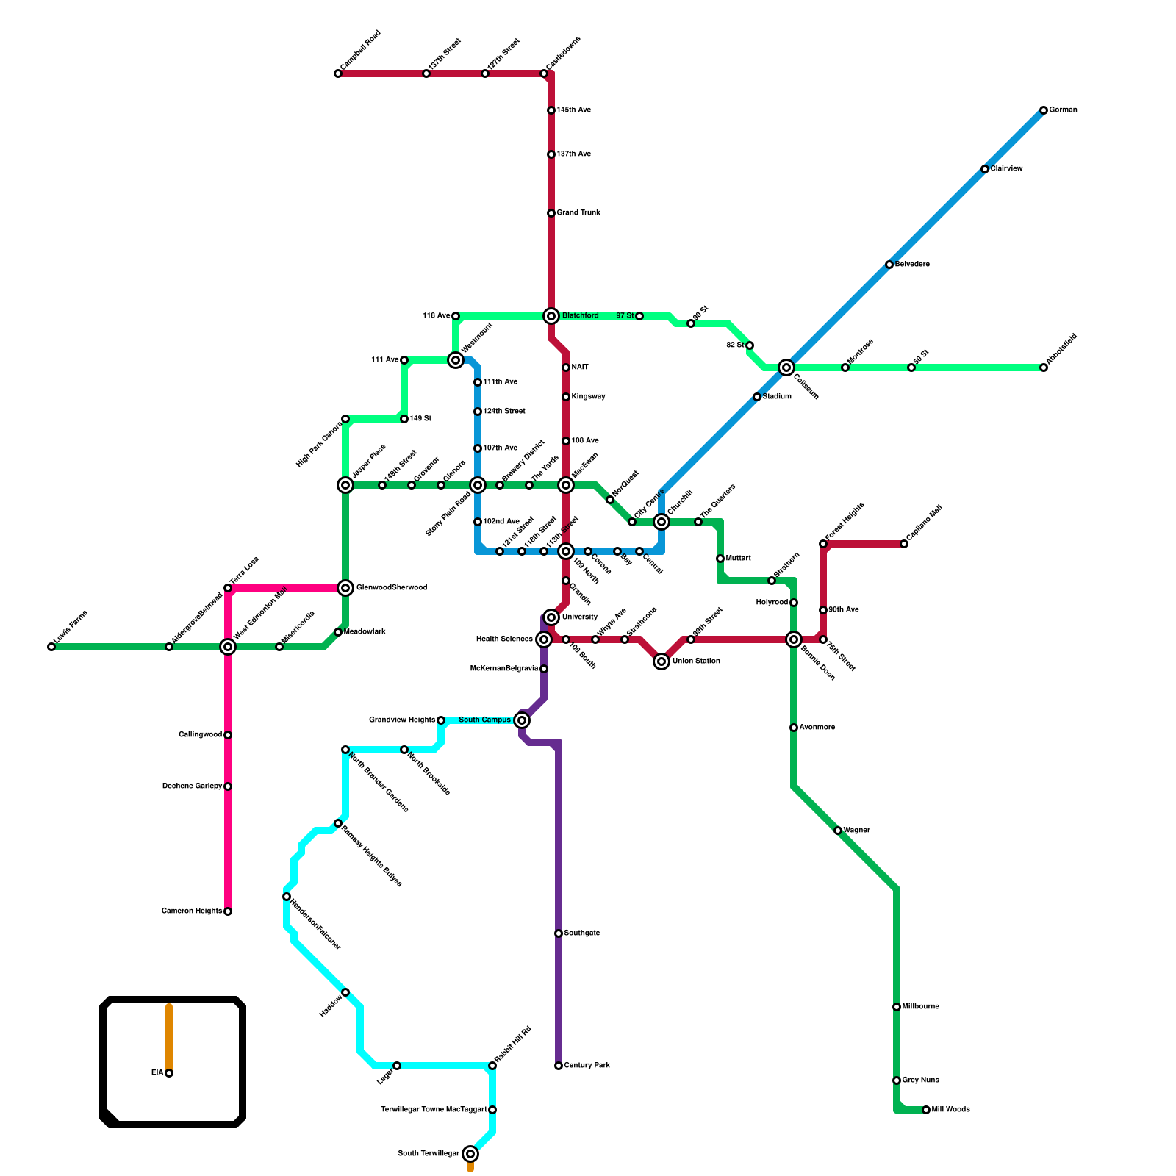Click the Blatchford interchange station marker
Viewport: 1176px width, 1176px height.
tap(551, 316)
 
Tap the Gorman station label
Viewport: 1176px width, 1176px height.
tap(1063, 110)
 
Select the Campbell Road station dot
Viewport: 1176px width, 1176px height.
tap(338, 73)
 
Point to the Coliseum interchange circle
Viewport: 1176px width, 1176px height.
tap(786, 367)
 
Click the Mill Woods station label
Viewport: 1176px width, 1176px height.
tap(950, 1110)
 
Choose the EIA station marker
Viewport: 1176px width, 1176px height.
tap(169, 1073)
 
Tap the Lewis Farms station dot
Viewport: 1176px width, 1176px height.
tap(51, 647)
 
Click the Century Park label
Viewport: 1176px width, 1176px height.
tap(587, 1066)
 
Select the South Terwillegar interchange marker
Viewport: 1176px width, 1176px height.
tap(470, 1154)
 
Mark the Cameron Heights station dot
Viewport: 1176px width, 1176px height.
tap(228, 911)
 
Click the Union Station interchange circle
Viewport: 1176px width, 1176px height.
tap(661, 661)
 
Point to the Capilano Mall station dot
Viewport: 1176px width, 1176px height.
tap(904, 544)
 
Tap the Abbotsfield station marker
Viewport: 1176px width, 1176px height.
tap(1044, 367)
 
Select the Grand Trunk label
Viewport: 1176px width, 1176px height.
tap(578, 213)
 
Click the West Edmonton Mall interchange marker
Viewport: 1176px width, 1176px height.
tap(228, 647)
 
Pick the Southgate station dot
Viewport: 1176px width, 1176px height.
tap(559, 933)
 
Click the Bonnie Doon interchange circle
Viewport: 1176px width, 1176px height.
tap(794, 639)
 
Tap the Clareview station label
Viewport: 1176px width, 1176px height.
tap(1006, 169)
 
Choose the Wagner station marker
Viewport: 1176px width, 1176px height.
tap(838, 831)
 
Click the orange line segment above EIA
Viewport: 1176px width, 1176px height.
tap(169, 1036)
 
